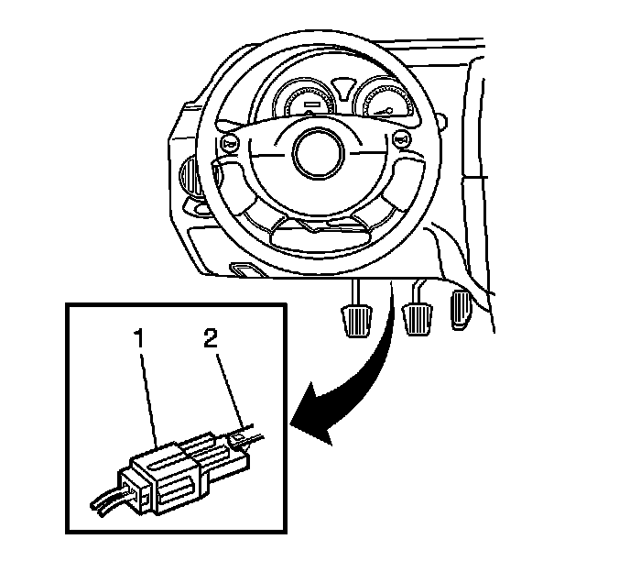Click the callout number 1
point(140,339)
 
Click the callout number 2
point(211,339)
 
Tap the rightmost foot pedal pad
point(462,310)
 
